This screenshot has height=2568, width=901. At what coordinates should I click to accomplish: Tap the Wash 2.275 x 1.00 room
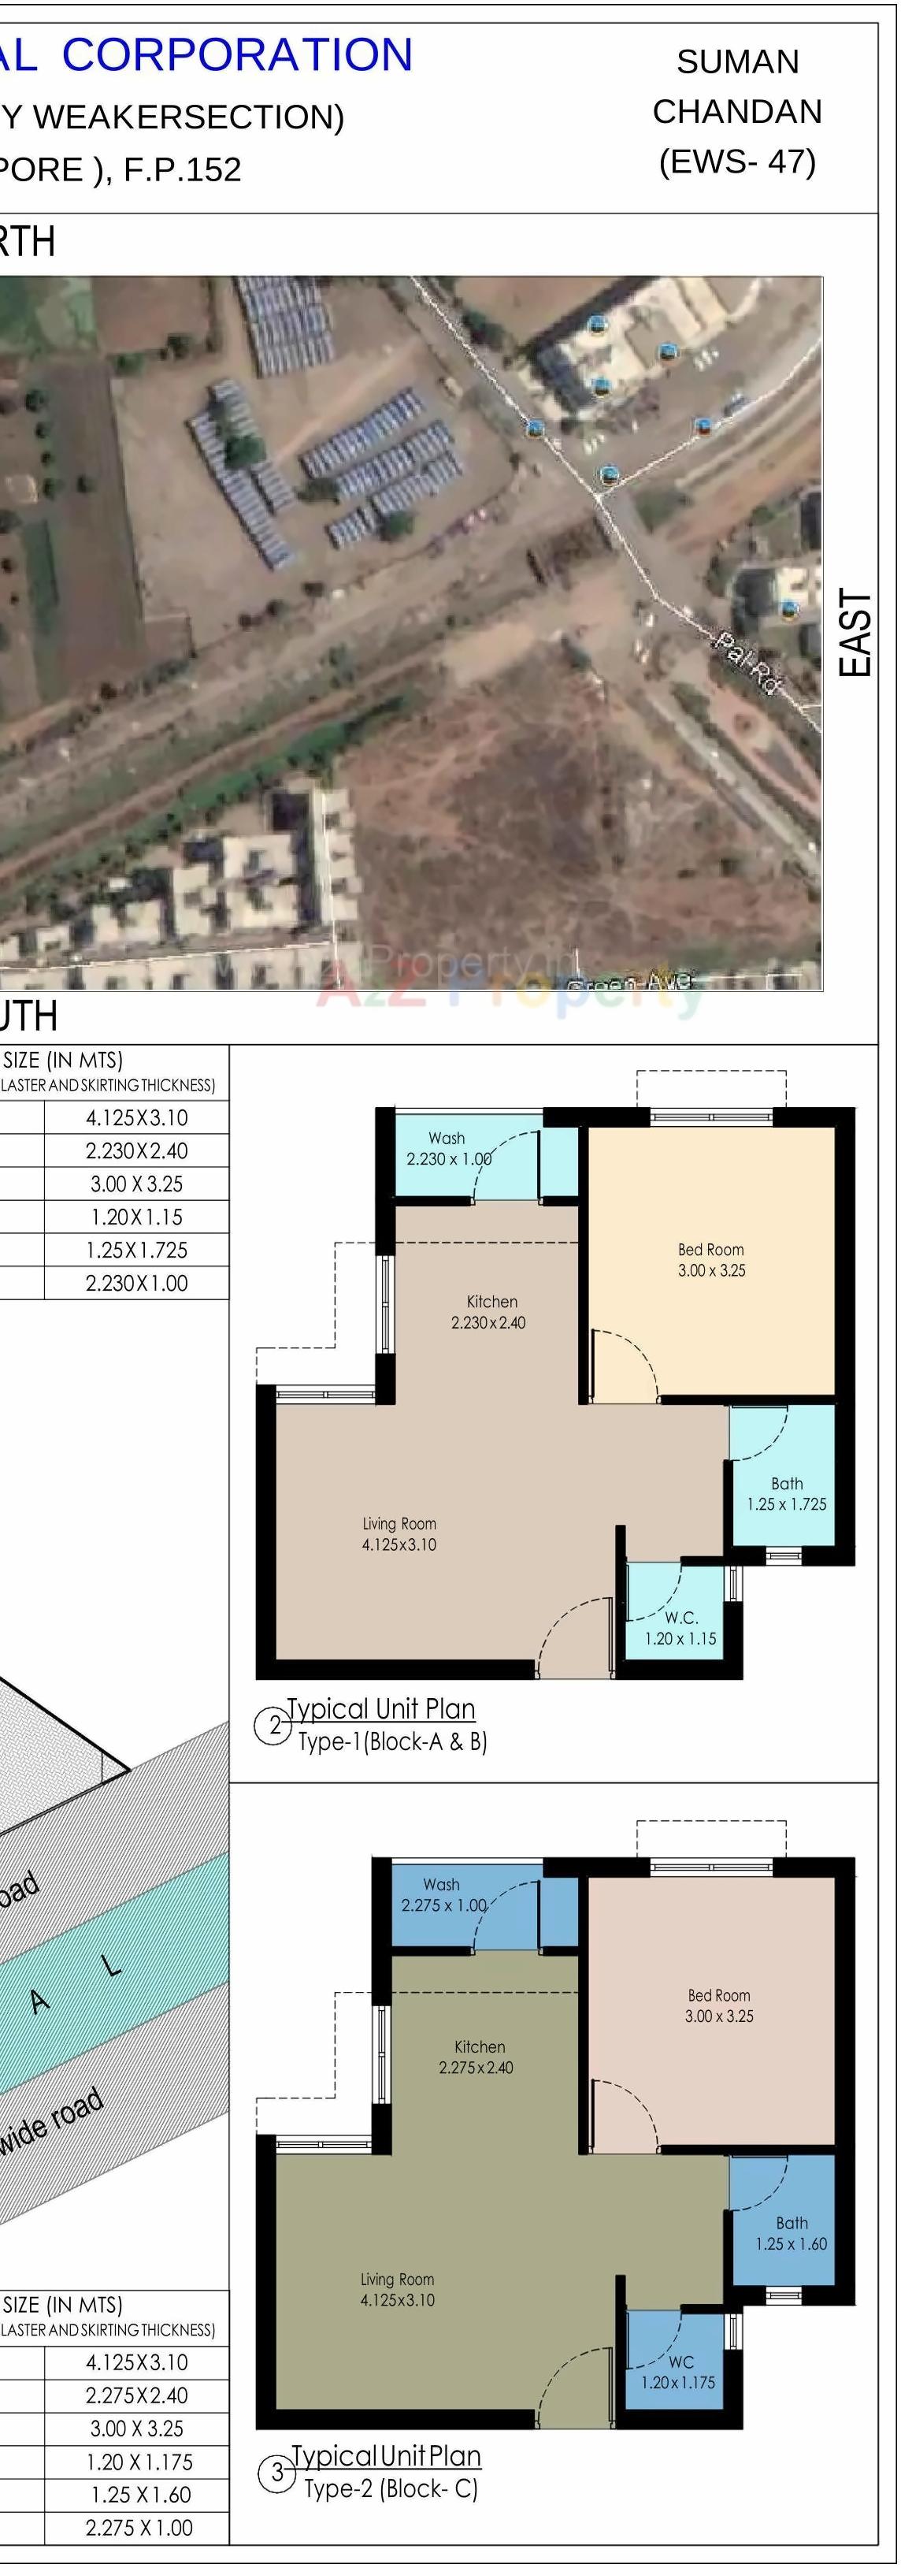[x=443, y=1894]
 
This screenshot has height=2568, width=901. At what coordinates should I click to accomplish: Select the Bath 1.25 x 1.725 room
[x=785, y=1493]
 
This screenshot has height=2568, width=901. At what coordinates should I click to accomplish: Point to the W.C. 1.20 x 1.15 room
[x=680, y=1627]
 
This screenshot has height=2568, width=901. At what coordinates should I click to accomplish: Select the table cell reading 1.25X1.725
[x=136, y=1250]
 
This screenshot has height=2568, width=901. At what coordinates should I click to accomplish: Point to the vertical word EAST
[x=855, y=632]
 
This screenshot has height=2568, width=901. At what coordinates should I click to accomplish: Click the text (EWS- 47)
[x=736, y=162]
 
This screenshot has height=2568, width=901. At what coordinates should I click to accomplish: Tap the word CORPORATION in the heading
[x=237, y=55]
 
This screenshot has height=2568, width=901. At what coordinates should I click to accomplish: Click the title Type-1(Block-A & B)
[x=391, y=1741]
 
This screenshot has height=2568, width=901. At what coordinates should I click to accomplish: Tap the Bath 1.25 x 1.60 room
[x=791, y=2233]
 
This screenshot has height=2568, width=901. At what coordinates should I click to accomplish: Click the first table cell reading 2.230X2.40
[x=136, y=1150]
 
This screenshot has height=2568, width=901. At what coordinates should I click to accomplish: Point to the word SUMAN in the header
[x=737, y=61]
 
